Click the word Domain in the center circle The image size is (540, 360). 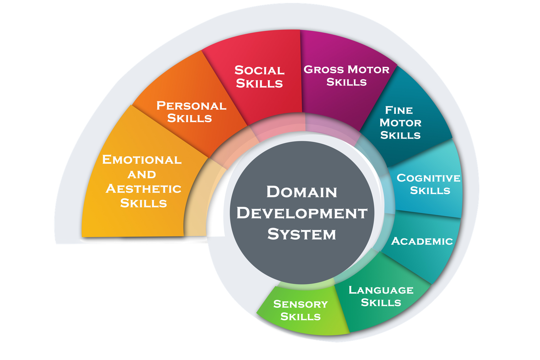(x=302, y=192)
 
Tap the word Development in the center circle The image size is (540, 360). (x=302, y=213)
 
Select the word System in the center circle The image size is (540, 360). (x=302, y=234)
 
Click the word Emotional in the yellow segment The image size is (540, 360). (x=142, y=160)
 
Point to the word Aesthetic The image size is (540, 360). (x=143, y=189)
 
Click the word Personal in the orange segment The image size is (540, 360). (x=191, y=106)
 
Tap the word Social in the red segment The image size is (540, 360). (x=260, y=70)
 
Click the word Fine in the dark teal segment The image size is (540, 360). (x=399, y=110)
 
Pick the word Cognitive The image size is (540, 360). (x=428, y=178)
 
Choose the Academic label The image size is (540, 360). (x=422, y=241)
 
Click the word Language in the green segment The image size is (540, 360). (x=381, y=290)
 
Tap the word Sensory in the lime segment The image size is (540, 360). (x=300, y=304)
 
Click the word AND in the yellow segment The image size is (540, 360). (x=142, y=174)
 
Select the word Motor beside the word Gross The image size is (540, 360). (x=369, y=70)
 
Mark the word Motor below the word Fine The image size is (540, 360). (x=400, y=122)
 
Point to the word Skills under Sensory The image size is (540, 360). (x=300, y=316)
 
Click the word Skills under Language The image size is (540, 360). (x=381, y=302)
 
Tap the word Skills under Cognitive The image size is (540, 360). (x=430, y=190)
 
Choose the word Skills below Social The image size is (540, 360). (x=259, y=83)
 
